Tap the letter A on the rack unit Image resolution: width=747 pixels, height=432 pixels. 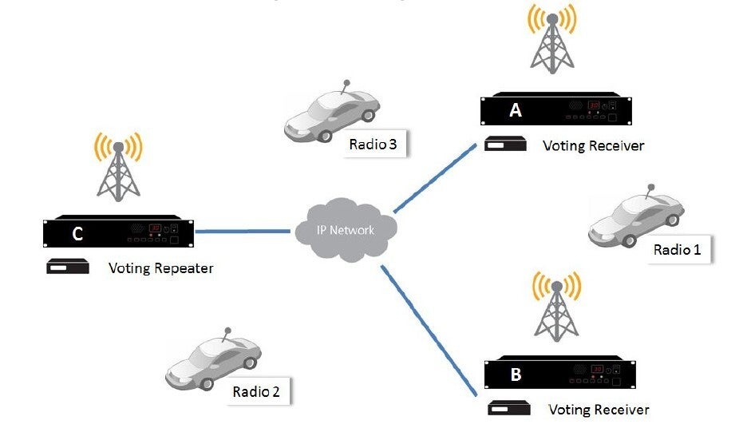click(x=516, y=110)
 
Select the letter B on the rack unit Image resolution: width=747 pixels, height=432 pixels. click(x=516, y=374)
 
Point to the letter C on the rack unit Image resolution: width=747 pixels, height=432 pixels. click(x=77, y=233)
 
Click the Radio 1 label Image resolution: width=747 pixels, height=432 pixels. click(x=677, y=249)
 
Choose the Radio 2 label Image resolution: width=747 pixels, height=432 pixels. click(x=256, y=391)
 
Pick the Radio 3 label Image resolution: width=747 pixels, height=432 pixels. click(x=373, y=145)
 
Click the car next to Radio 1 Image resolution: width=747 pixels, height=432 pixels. click(x=636, y=216)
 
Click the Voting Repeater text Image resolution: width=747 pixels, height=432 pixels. click(x=160, y=268)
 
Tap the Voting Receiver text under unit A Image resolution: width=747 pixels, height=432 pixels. click(x=593, y=146)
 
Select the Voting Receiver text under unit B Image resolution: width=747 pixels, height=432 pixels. click(x=599, y=410)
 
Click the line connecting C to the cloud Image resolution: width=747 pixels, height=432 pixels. click(x=242, y=232)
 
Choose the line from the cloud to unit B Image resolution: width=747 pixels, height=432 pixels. click(x=430, y=329)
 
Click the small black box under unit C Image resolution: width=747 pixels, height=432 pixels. click(x=67, y=268)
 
